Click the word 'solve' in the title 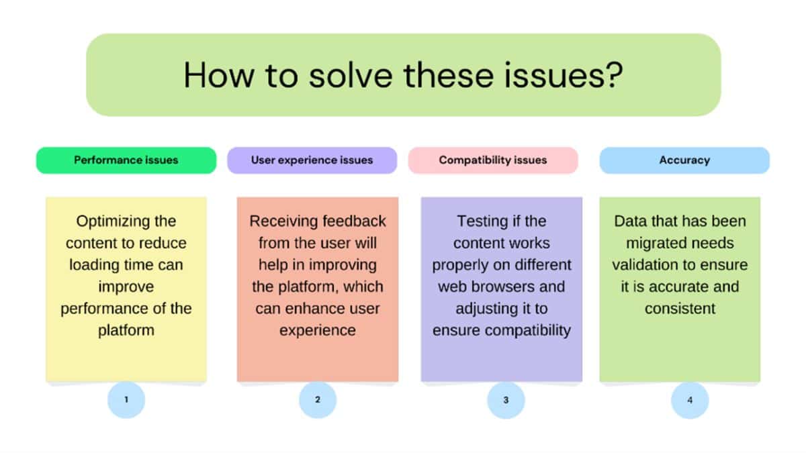click(351, 75)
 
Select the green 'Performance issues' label click(126, 160)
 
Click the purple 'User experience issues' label click(312, 160)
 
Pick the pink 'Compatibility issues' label click(493, 160)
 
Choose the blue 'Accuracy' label click(684, 160)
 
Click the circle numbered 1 click(126, 400)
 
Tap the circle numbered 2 click(318, 400)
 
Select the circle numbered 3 click(506, 400)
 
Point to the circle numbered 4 click(690, 400)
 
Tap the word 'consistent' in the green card click(680, 309)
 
